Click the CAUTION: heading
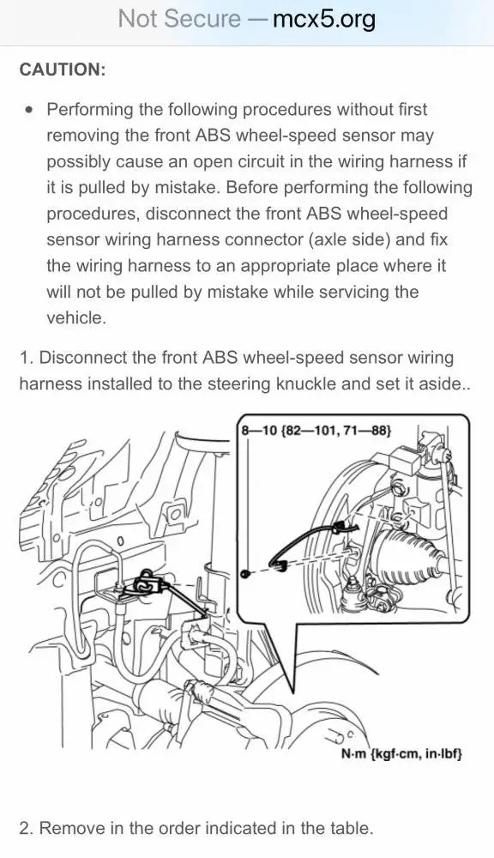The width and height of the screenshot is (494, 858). coord(63,69)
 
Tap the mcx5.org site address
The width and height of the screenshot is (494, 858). coord(324,19)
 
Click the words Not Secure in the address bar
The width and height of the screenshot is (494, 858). coord(179,19)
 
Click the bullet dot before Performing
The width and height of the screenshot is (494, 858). coord(29,110)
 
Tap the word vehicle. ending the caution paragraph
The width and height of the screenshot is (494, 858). coord(75,318)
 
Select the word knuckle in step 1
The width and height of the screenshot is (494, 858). coord(306,384)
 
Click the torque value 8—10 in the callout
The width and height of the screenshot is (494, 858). coord(260,431)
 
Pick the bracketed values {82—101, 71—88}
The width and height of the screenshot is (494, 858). coord(336,431)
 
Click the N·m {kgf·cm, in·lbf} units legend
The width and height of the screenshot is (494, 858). coord(401,753)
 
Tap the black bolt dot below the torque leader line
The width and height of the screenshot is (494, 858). coord(246,574)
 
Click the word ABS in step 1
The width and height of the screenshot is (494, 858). coord(220,358)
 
